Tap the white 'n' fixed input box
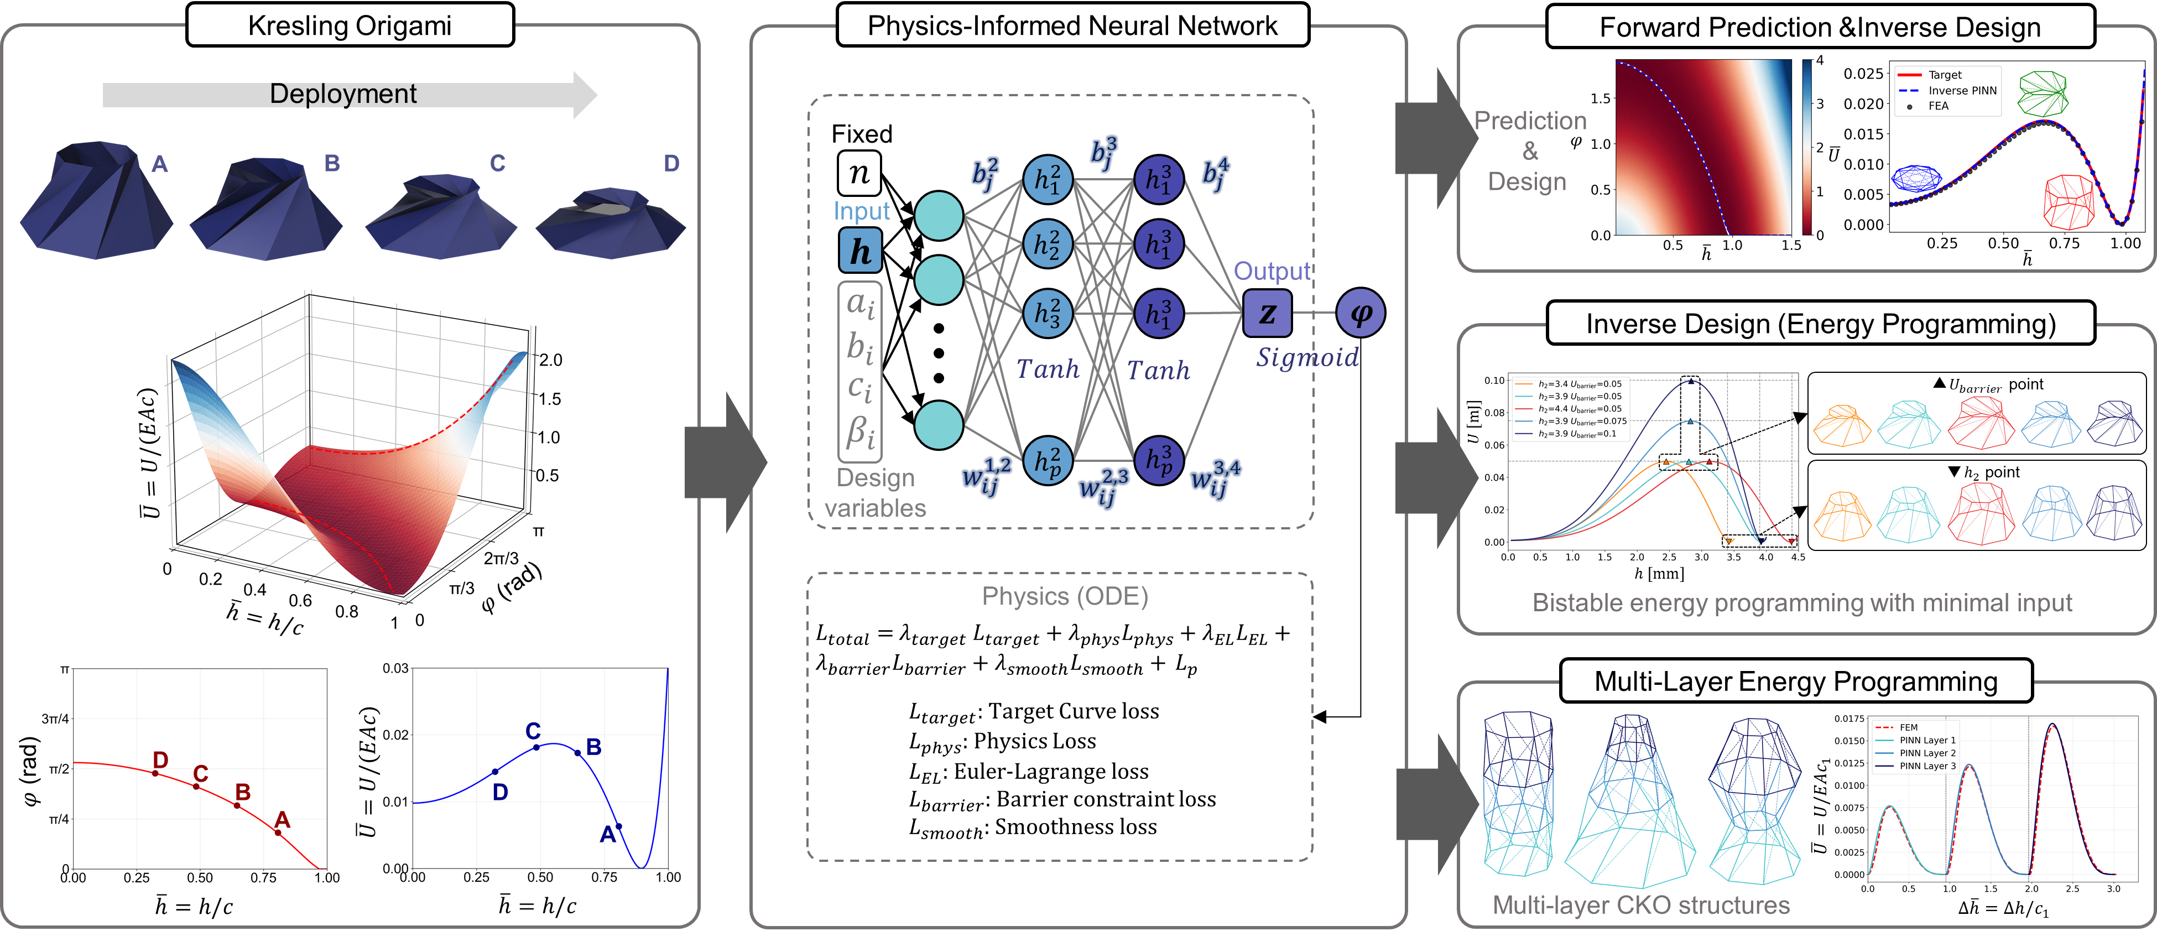click(x=859, y=173)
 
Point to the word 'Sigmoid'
click(x=1306, y=357)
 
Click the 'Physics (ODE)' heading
click(x=1064, y=596)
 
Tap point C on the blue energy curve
click(x=536, y=747)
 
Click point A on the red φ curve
click(x=278, y=832)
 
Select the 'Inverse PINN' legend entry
click(x=1961, y=90)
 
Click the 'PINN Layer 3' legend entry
click(x=1927, y=766)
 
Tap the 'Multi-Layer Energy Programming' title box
click(x=1795, y=680)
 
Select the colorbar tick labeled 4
click(x=1819, y=61)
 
